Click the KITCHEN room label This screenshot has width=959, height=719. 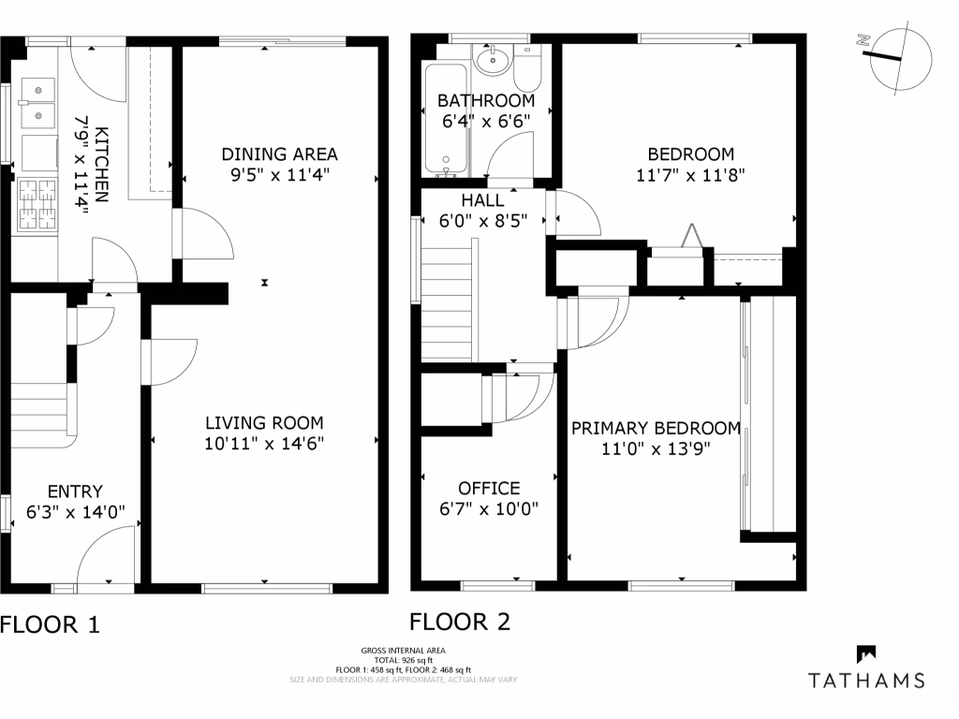click(101, 165)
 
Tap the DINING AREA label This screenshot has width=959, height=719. click(279, 154)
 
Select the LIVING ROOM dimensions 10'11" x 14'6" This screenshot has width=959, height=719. click(264, 443)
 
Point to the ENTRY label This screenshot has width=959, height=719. click(75, 492)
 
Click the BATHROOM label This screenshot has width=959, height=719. click(486, 100)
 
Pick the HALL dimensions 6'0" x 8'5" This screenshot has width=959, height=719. click(483, 221)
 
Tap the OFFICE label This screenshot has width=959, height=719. click(489, 489)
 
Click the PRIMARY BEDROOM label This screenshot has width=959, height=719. click(657, 429)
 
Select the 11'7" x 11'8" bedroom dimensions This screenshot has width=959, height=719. click(690, 175)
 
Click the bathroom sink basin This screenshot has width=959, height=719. click(493, 61)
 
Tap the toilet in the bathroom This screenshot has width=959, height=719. click(527, 68)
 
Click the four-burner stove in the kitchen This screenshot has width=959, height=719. click(37, 205)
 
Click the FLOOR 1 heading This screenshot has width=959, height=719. click(50, 624)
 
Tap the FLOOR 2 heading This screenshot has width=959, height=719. click(460, 622)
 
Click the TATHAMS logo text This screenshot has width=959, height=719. click(866, 681)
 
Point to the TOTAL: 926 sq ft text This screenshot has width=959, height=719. click(404, 660)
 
